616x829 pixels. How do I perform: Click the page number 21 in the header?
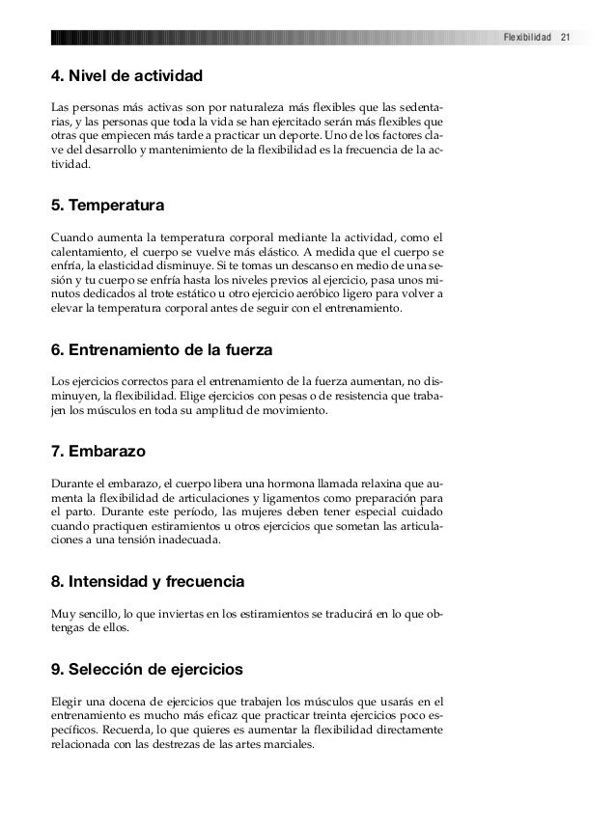567,38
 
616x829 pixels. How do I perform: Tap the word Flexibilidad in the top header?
527,38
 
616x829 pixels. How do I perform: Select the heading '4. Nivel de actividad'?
125,73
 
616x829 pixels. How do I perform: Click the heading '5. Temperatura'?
106,207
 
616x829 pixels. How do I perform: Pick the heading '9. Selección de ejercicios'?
147,669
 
